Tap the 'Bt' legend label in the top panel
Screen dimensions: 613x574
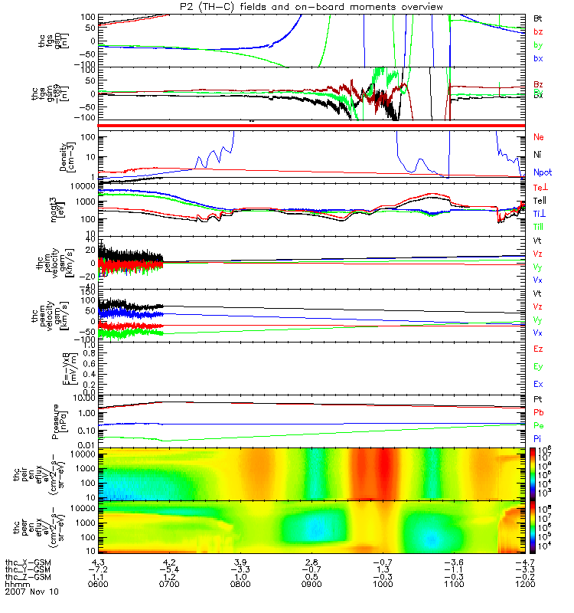tap(538, 17)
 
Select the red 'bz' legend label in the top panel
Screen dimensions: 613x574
tap(538, 31)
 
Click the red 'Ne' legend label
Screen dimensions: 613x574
tap(539, 136)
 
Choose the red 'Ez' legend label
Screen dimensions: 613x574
tap(539, 349)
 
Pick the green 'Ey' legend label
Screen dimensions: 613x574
tap(539, 366)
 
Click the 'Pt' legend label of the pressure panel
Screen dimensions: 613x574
tap(538, 400)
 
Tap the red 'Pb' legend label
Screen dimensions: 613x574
tap(538, 412)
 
